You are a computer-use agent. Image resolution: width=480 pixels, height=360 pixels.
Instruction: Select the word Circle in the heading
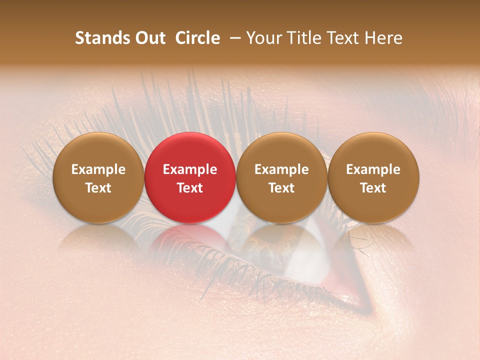pyautogui.click(x=197, y=38)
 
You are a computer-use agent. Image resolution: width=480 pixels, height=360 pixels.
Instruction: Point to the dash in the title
pyautogui.click(x=234, y=38)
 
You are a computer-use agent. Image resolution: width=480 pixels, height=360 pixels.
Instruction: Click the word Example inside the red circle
pyautogui.click(x=190, y=169)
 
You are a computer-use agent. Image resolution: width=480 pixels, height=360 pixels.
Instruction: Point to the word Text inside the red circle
pyautogui.click(x=190, y=188)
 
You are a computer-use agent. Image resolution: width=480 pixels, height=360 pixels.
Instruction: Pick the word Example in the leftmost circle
pyautogui.click(x=98, y=169)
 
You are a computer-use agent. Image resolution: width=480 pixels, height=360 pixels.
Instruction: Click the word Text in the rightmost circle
pyautogui.click(x=373, y=188)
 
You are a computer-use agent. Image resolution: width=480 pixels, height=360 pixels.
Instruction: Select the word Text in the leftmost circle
pyautogui.click(x=98, y=188)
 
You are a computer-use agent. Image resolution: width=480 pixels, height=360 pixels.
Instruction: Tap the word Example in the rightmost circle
pyautogui.click(x=373, y=169)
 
